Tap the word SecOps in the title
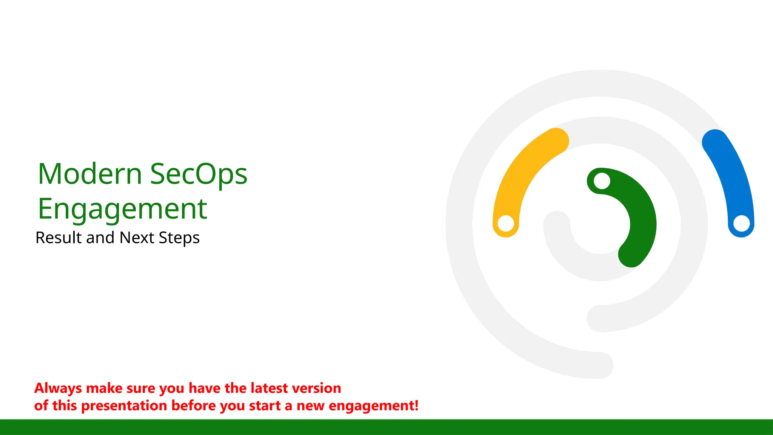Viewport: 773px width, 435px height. click(199, 174)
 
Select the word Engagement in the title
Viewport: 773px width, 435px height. click(122, 209)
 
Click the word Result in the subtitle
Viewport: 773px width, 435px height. click(59, 238)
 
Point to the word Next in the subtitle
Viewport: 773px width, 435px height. click(137, 238)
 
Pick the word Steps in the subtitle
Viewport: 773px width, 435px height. click(179, 238)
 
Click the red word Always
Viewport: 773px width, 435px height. click(58, 389)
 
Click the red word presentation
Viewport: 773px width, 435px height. click(124, 406)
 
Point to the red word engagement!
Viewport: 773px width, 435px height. click(374, 406)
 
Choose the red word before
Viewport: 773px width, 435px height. click(194, 406)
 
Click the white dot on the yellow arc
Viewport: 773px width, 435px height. click(506, 223)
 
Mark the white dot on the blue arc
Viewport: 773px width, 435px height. click(741, 223)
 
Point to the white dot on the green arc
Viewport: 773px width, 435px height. click(602, 181)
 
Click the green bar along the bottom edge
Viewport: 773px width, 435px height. click(386, 427)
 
